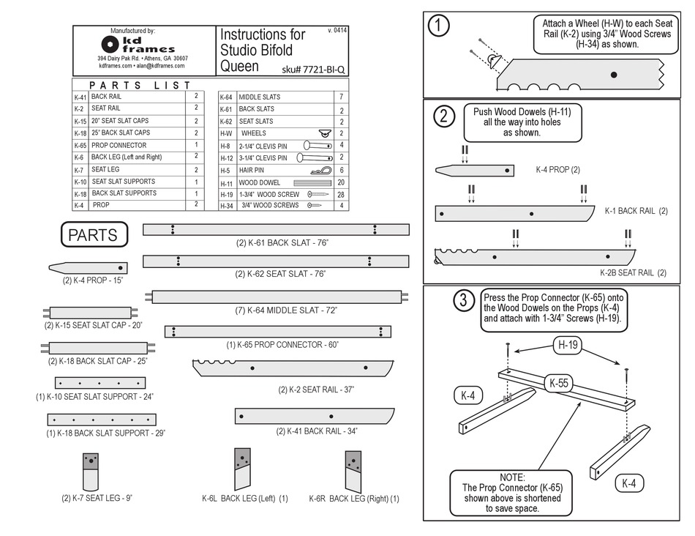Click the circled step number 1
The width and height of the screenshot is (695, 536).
[438, 26]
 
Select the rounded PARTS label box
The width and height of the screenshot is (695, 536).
[94, 235]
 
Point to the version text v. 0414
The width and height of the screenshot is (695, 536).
[338, 31]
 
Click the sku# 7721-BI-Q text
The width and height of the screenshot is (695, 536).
[312, 70]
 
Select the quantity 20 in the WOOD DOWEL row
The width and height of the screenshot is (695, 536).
[341, 182]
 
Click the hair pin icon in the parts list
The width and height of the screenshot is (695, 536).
[319, 170]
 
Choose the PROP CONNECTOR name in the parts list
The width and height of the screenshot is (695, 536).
[119, 145]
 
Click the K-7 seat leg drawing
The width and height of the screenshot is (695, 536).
[91, 471]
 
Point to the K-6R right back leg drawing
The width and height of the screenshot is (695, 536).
[353, 469]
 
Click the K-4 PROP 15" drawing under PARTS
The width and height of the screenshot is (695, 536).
[89, 268]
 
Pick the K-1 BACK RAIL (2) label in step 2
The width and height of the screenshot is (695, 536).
[636, 212]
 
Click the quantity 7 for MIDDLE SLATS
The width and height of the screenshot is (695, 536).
[341, 97]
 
